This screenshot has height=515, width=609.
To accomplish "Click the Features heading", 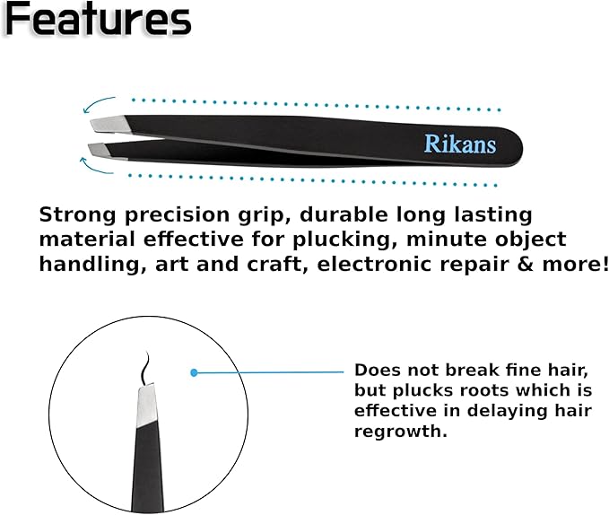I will click(97, 20).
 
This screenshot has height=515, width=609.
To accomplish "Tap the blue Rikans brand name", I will click(459, 144).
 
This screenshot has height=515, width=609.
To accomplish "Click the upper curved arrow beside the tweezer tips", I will click(101, 104).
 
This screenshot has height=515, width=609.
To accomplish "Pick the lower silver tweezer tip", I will click(106, 147).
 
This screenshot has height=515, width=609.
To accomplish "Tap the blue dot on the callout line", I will click(193, 371).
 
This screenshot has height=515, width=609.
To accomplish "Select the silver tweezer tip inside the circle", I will click(144, 405).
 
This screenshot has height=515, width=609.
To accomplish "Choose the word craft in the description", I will click(254, 264).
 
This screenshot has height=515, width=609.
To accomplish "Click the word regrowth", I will click(399, 431).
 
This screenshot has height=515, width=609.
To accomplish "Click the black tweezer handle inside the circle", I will click(145, 471).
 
